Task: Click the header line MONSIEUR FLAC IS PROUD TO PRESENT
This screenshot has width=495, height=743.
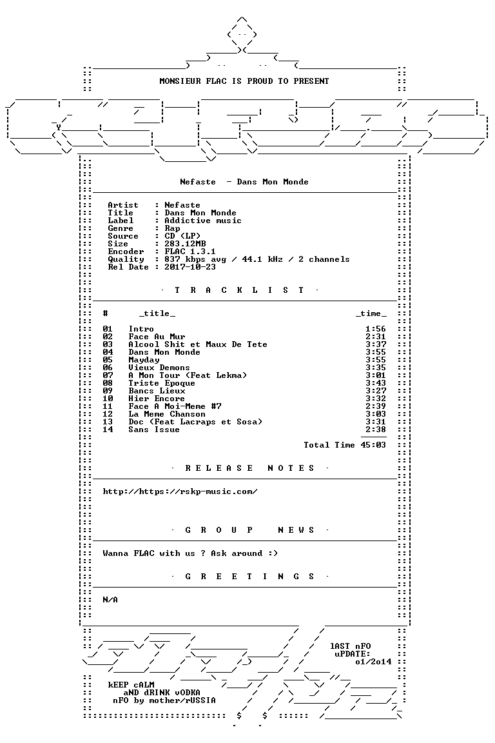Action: click(x=244, y=81)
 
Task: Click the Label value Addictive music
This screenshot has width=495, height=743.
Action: click(x=203, y=221)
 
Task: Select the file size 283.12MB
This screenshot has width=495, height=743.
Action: click(x=185, y=244)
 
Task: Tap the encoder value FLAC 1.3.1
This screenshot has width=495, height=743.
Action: click(x=190, y=252)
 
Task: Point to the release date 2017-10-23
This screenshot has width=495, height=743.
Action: click(x=190, y=267)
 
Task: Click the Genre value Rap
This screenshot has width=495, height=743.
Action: click(x=173, y=228)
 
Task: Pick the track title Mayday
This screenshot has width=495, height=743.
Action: click(x=144, y=360)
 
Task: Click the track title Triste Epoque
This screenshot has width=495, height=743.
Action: click(x=162, y=383)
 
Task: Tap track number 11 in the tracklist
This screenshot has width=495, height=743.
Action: click(x=108, y=406)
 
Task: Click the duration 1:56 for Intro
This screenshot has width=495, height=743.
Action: click(x=376, y=329)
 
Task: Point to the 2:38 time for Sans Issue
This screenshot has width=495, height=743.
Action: click(x=376, y=430)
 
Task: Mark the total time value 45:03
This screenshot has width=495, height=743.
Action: click(x=373, y=445)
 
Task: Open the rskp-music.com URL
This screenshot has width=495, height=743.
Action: click(x=180, y=491)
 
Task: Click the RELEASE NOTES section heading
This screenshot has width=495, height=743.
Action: click(x=249, y=468)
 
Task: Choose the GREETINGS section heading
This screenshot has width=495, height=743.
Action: click(x=249, y=577)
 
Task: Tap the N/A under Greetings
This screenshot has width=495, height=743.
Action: click(x=110, y=600)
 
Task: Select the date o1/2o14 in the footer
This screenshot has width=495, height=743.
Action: click(x=373, y=662)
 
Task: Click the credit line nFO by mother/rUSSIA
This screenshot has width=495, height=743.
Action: click(x=164, y=700)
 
